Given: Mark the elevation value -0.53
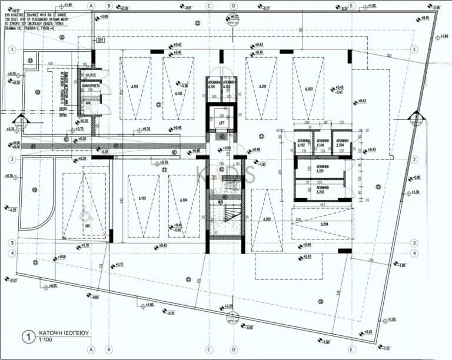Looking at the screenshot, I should (x=12, y=281).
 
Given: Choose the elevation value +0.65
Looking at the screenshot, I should (x=52, y=286).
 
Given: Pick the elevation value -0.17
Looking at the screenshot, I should (x=266, y=8).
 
